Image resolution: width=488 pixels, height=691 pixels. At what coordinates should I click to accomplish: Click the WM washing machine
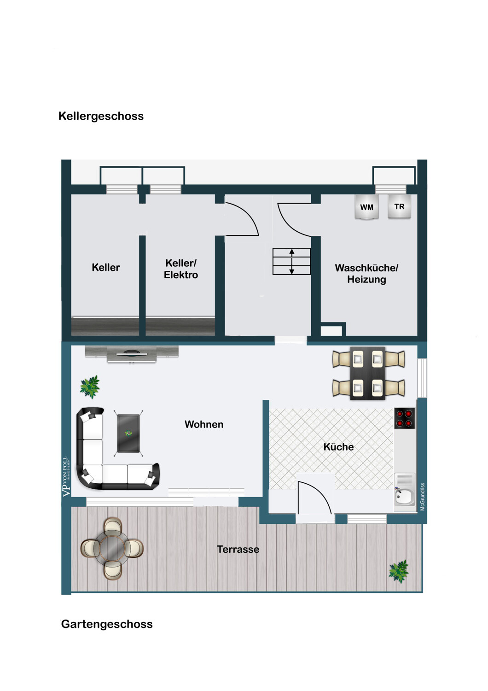[x=366, y=207]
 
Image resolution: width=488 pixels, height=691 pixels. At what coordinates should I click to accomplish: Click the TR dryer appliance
[x=399, y=207]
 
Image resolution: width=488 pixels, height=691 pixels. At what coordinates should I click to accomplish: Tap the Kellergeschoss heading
[x=101, y=116]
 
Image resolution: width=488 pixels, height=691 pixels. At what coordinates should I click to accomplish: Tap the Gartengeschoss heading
[x=107, y=624]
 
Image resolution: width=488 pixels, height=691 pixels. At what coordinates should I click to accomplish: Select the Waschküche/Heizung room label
[x=366, y=274]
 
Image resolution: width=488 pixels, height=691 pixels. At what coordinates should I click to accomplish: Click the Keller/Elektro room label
[x=181, y=269]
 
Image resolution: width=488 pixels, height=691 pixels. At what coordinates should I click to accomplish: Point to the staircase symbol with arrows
[x=291, y=262]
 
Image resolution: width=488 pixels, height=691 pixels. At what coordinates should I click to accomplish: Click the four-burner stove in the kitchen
[x=404, y=418]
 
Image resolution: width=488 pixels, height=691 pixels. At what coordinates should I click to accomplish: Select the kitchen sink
[x=405, y=495]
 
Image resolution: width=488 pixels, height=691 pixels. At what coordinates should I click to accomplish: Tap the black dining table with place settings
[x=368, y=373]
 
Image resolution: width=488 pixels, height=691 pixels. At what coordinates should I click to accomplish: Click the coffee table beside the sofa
[x=128, y=433]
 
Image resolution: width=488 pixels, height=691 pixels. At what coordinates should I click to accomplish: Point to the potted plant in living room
[x=90, y=386]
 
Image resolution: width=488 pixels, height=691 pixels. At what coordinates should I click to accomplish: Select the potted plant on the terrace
[x=399, y=571]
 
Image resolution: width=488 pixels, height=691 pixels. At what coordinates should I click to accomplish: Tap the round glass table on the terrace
[x=112, y=548]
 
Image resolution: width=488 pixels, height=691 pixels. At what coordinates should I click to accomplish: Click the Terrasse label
[x=238, y=550]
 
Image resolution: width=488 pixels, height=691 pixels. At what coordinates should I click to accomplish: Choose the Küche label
[x=338, y=447]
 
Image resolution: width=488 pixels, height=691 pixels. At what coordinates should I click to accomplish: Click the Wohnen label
[x=204, y=425]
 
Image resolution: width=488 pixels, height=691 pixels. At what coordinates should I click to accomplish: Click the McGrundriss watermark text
[x=423, y=497]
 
